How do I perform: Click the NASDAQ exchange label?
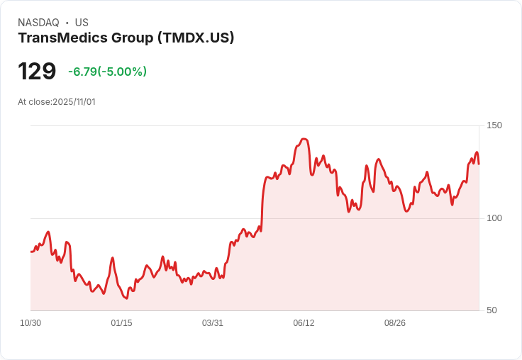pyautogui.click(x=38, y=23)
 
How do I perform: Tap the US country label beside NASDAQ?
pyautogui.click(x=82, y=23)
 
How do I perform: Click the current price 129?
pyautogui.click(x=37, y=72)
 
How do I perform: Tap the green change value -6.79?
pyautogui.click(x=82, y=72)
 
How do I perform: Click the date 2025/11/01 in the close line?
pyautogui.click(x=74, y=102)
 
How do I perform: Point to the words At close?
pyautogui.click(x=33, y=102)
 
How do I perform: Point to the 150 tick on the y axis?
pyautogui.click(x=494, y=125)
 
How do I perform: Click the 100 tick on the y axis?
pyautogui.click(x=494, y=218)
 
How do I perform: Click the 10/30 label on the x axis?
pyautogui.click(x=30, y=323)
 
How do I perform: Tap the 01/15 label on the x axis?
pyautogui.click(x=121, y=323)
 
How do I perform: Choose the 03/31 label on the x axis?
pyautogui.click(x=213, y=323)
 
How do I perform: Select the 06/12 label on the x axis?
pyautogui.click(x=304, y=323)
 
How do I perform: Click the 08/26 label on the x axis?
pyautogui.click(x=395, y=323)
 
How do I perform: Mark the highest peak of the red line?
pyautogui.click(x=304, y=139)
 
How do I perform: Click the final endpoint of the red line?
pyautogui.click(x=479, y=164)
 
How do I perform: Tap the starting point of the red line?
pyautogui.click(x=30, y=252)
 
